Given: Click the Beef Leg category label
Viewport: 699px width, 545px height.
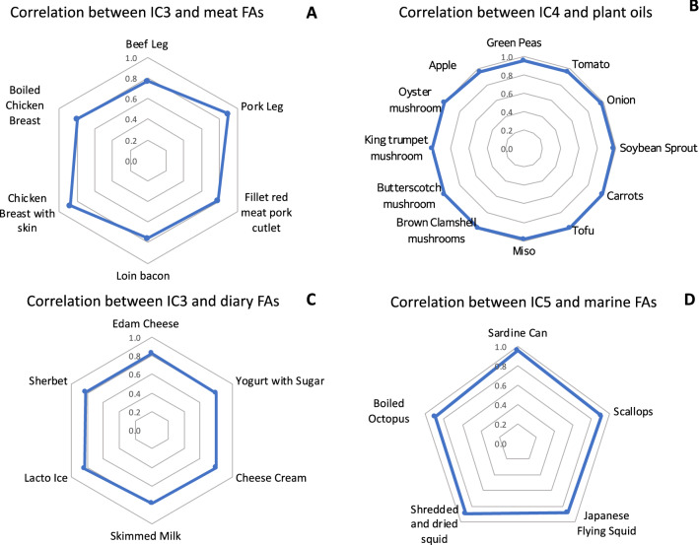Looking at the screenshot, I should click(x=147, y=45).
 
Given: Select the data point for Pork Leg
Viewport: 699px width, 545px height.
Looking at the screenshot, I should click(x=229, y=113).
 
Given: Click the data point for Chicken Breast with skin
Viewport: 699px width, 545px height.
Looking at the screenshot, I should click(x=69, y=205).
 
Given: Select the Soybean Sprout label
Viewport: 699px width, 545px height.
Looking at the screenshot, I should click(x=659, y=149).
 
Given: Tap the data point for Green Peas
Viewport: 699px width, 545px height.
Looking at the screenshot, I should click(x=524, y=59).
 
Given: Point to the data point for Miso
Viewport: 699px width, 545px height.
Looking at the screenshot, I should click(x=524, y=239).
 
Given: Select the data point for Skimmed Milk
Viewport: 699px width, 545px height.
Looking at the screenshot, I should click(x=151, y=503).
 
